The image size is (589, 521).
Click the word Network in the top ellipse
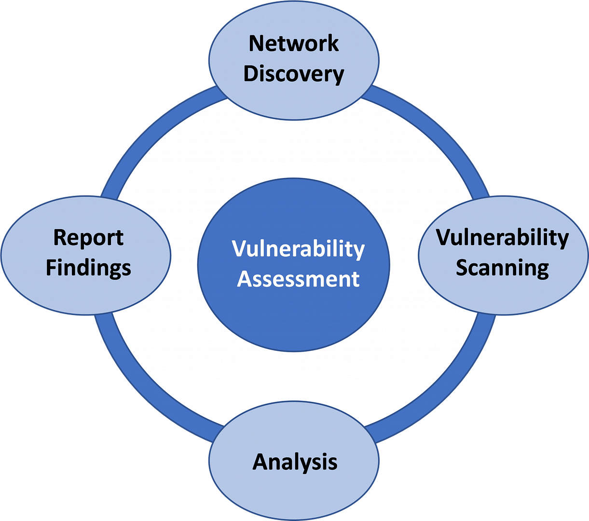(294, 43)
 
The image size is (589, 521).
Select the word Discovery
(294, 74)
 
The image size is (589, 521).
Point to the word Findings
(88, 269)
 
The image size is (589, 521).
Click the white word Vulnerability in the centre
(298, 249)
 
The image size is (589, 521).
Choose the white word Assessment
(298, 279)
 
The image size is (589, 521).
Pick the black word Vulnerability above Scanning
(502, 238)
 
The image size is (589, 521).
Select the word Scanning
(502, 269)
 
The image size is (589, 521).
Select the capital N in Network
(257, 43)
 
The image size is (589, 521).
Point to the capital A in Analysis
(261, 461)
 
